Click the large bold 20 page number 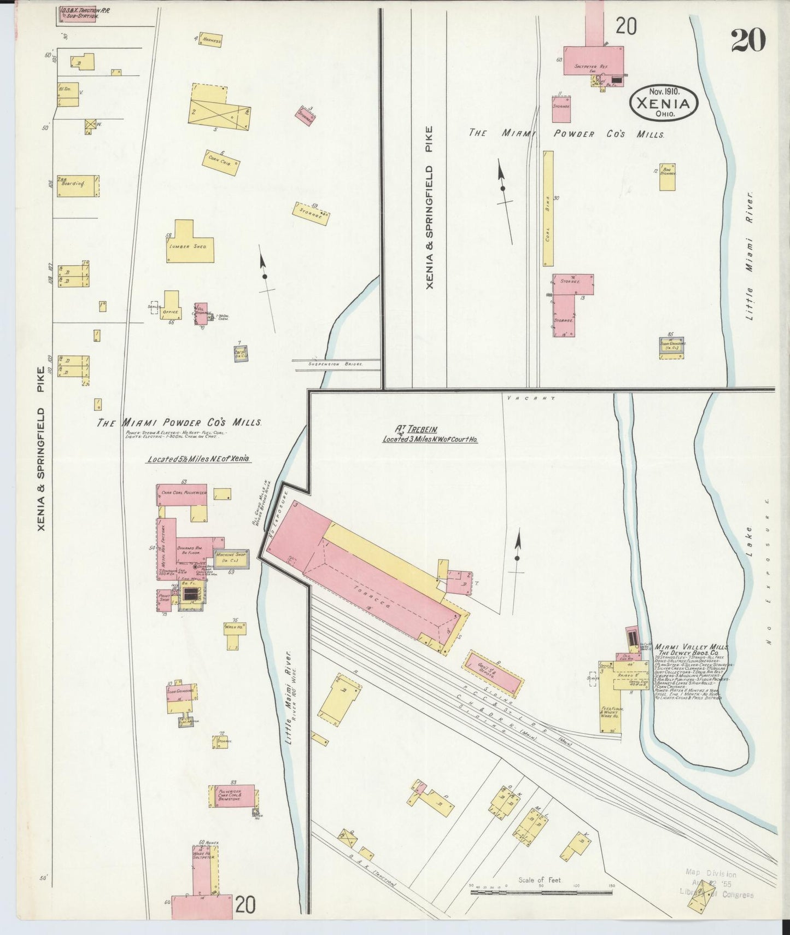[748, 39]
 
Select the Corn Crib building [221, 162]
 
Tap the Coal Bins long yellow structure [548, 209]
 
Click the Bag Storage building [666, 177]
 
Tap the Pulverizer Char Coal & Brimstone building [232, 796]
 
